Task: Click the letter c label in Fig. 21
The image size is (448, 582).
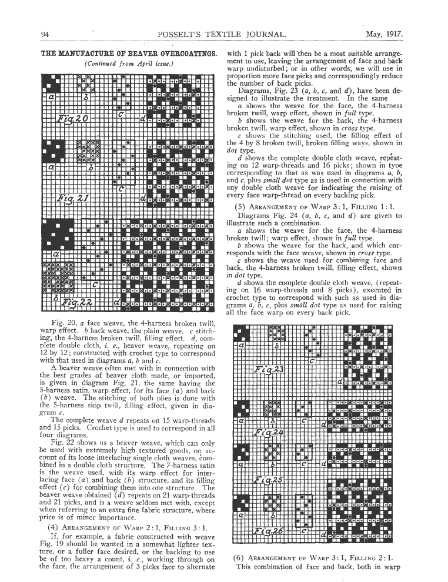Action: click(x=121, y=189)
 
